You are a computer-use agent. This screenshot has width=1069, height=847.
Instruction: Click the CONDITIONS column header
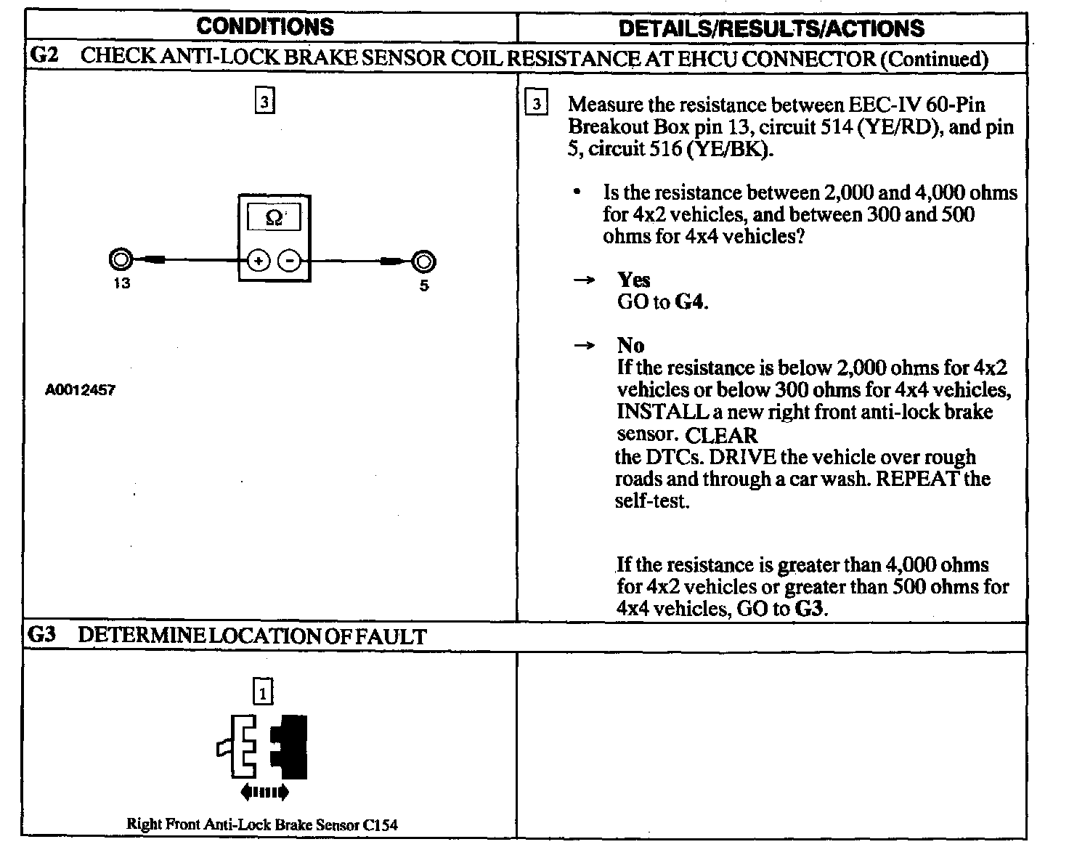click(265, 27)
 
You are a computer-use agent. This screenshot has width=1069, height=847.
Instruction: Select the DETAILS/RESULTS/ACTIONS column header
click(771, 28)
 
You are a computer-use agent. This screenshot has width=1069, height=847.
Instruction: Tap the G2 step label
click(45, 56)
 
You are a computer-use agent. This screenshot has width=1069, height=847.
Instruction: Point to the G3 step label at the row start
click(41, 636)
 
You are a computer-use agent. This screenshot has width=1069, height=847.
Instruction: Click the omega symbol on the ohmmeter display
click(274, 217)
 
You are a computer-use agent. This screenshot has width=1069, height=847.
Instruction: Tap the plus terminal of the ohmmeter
click(259, 260)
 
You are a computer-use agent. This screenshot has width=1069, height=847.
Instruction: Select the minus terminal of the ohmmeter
click(290, 260)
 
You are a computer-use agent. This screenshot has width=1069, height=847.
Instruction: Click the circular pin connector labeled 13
click(121, 259)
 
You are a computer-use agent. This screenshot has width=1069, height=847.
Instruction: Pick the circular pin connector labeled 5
click(423, 261)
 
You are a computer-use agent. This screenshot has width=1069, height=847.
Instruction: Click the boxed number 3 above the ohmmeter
click(264, 102)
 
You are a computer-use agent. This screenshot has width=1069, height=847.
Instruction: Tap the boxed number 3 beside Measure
click(536, 105)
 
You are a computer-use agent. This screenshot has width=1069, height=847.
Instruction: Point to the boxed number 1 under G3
click(262, 691)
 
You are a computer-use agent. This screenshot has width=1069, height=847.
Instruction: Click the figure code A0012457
click(81, 390)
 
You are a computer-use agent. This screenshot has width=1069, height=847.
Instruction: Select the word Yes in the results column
click(634, 280)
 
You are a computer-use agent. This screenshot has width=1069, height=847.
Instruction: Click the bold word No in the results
click(630, 346)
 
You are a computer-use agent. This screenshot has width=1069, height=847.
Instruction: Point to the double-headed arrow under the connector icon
click(264, 792)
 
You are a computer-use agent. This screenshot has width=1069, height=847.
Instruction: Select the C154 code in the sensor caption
click(381, 824)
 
